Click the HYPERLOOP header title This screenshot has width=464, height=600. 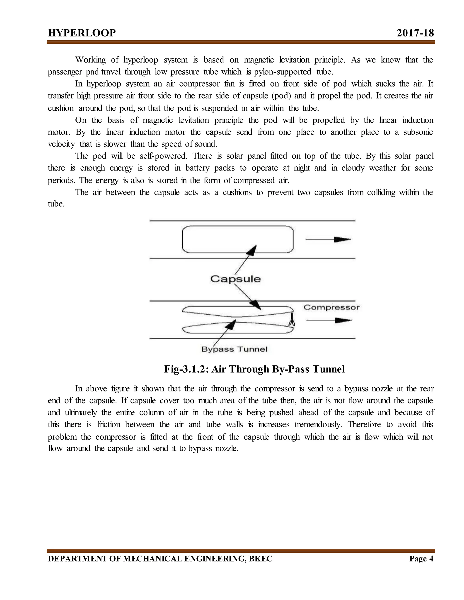tap(82, 33)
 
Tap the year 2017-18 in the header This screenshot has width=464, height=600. tap(415, 33)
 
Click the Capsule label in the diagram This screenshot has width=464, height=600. tap(236, 279)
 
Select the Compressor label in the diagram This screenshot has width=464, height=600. tap(331, 307)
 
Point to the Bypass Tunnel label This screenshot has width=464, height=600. tap(234, 349)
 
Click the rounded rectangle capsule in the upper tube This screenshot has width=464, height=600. tap(237, 239)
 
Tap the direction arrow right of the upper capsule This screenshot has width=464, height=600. tap(328, 240)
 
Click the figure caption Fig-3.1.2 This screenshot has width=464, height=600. tap(254, 369)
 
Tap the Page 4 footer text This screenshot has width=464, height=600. tap(421, 559)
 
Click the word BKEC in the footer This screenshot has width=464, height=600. tap(260, 559)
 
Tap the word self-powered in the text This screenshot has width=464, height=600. tap(163, 156)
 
